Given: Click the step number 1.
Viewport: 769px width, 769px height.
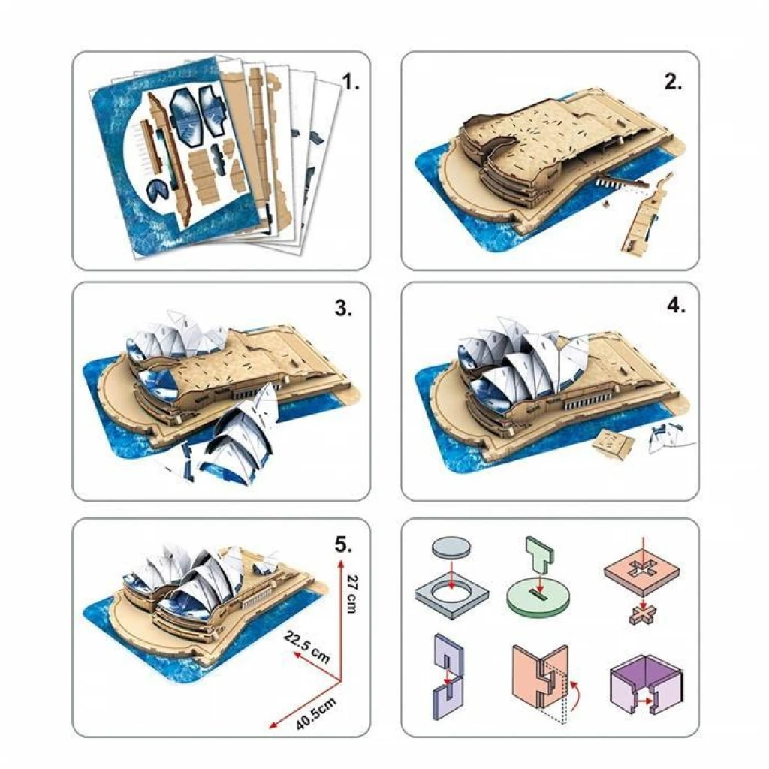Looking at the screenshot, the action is (350, 81).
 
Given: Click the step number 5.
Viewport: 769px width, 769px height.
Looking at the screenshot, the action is (343, 544).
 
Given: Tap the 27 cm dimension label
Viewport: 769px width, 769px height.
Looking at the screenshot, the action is (351, 594).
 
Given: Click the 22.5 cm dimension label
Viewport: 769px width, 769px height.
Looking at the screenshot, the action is (307, 647).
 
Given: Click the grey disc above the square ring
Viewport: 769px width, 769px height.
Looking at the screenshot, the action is (451, 547).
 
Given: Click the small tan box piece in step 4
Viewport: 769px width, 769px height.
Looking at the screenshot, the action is (613, 443).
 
